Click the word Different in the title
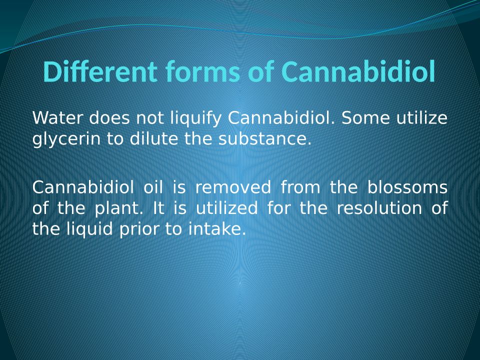pos(100,72)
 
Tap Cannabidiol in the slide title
pos(358,72)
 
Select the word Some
pos(365,118)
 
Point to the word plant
pos(117,208)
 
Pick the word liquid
pos(89,229)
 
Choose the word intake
pos(217,228)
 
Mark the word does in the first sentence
pos(109,118)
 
